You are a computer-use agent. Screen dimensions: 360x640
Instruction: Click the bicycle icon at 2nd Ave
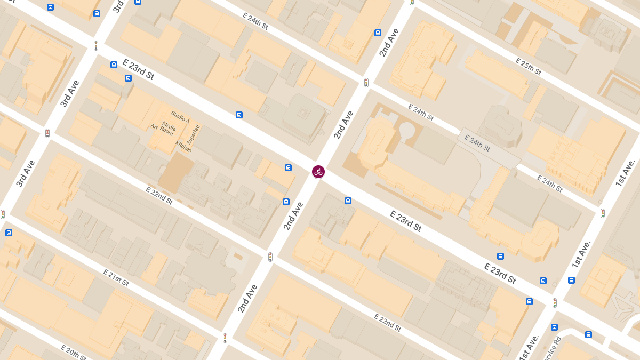(x=318, y=172)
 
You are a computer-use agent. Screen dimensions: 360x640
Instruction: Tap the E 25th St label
(x=529, y=66)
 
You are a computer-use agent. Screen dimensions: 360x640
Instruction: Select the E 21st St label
(x=116, y=278)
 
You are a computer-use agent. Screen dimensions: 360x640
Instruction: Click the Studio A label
(x=180, y=116)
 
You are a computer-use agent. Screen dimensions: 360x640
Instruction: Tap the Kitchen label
(x=183, y=147)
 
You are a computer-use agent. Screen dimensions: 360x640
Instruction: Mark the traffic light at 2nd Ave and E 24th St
(x=366, y=83)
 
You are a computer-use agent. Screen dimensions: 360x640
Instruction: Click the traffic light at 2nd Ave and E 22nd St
(x=270, y=257)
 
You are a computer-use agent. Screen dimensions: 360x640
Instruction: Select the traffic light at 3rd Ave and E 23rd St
(x=96, y=46)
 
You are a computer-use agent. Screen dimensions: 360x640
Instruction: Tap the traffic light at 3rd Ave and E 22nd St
(x=47, y=133)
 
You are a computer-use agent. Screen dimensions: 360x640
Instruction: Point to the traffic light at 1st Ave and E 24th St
(x=603, y=213)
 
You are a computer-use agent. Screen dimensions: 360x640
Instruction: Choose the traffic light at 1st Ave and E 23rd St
(x=555, y=303)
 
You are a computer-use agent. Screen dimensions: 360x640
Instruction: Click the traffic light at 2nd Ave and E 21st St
(x=225, y=338)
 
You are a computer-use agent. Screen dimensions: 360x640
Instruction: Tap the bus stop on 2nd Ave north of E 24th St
(x=378, y=33)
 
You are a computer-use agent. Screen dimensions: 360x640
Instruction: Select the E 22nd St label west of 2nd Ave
(x=159, y=195)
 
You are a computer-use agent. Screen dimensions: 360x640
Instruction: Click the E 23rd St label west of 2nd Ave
(x=138, y=69)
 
